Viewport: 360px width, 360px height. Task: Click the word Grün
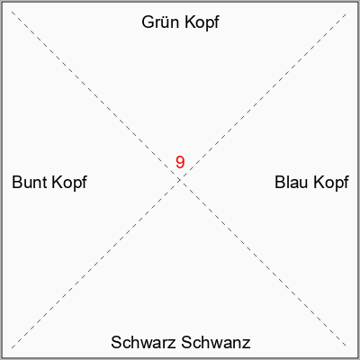(160, 22)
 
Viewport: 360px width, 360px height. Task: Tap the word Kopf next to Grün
(202, 23)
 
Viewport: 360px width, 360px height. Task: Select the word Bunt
(30, 183)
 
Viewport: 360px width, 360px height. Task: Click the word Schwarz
(143, 342)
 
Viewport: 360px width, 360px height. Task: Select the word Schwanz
(216, 342)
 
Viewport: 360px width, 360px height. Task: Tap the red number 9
(180, 162)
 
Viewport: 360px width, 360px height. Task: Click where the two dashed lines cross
(179, 180)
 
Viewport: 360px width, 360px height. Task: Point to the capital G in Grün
(148, 22)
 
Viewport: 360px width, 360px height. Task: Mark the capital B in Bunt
(17, 183)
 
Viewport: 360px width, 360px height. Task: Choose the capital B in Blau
(280, 183)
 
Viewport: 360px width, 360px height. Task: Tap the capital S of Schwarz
(117, 342)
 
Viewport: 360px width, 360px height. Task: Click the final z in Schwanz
(247, 344)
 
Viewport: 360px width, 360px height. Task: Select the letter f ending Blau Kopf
(346, 183)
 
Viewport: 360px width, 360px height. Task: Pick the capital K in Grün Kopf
(190, 22)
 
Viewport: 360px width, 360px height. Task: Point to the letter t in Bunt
(44, 183)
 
